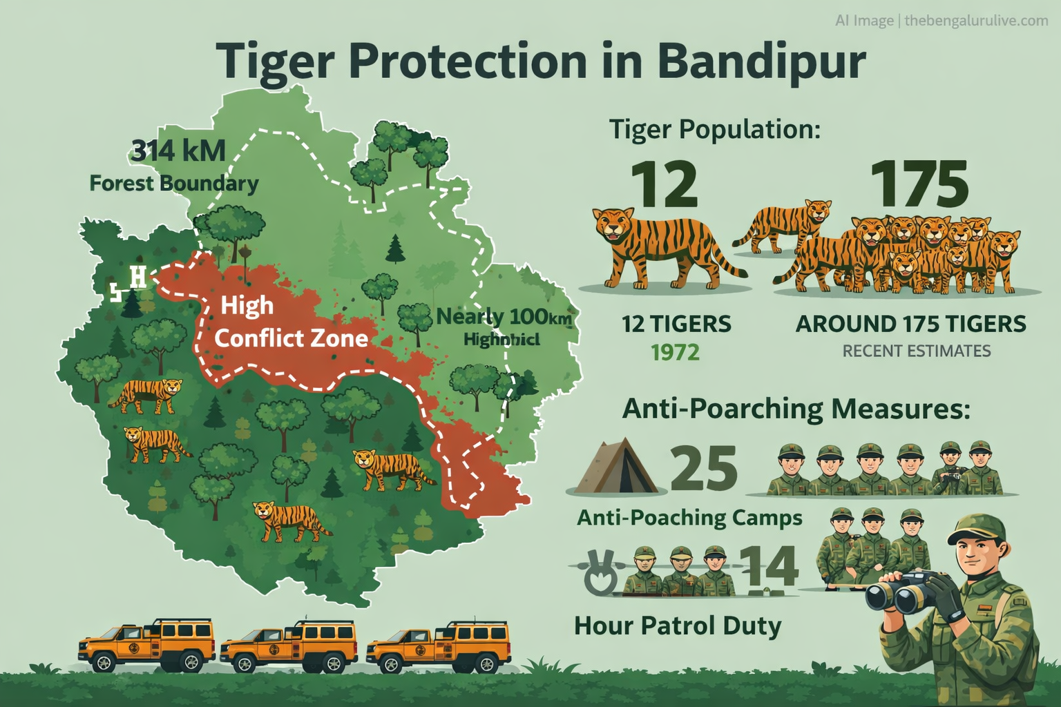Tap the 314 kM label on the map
(178, 151)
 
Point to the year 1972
(676, 353)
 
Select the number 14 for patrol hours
(769, 567)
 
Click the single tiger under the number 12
(660, 246)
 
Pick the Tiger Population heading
(714, 129)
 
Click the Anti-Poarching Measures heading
(796, 409)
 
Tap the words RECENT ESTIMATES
(916, 351)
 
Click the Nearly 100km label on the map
(504, 318)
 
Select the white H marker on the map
(138, 277)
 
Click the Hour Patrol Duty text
(678, 626)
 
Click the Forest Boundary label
(174, 184)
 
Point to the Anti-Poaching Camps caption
(689, 517)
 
